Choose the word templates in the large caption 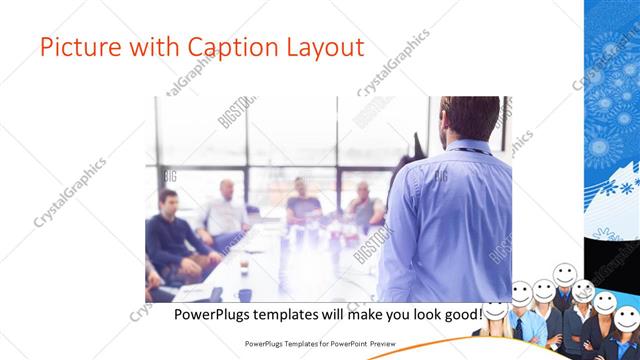[297, 314]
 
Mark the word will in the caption [345, 314]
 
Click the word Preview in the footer [383, 345]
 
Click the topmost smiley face [564, 273]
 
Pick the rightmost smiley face [625, 319]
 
